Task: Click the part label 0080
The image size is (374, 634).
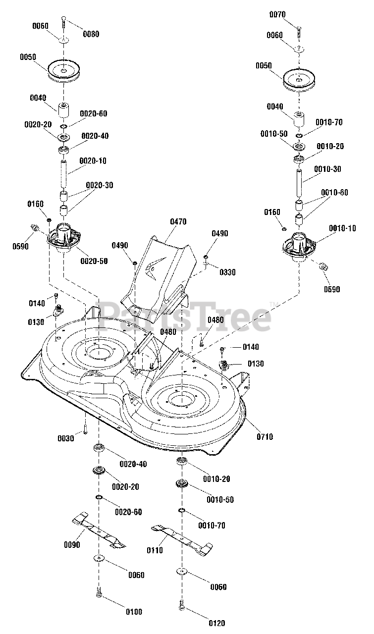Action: coord(91,34)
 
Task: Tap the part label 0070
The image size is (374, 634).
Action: coord(278,15)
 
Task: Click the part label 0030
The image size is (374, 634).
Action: coord(66,438)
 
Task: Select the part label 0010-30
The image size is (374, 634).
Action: coord(327,169)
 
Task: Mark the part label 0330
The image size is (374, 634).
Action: coord(228,272)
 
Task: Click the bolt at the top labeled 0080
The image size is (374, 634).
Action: coord(63,21)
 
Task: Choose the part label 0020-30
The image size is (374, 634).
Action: coord(99,185)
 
